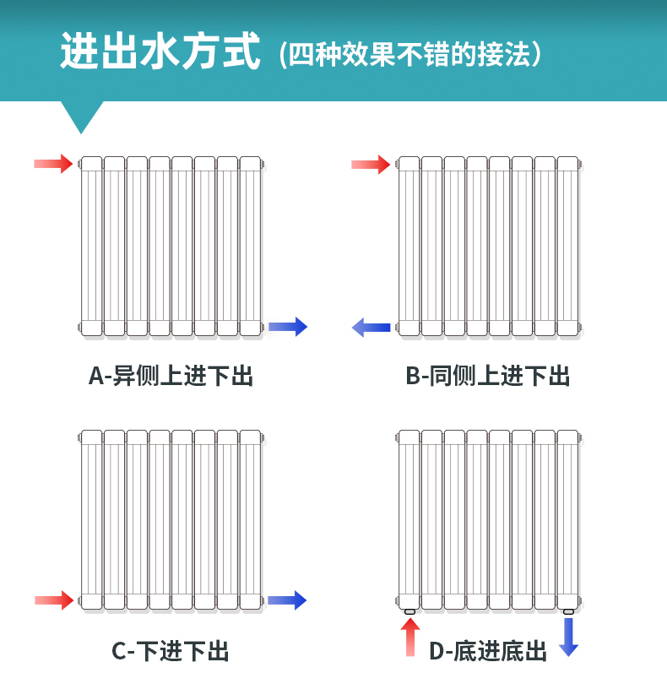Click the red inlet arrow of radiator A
53,163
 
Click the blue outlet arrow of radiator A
288,326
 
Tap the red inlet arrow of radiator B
371,164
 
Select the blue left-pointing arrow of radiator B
371,327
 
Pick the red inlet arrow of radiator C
54,600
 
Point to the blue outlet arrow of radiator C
287,600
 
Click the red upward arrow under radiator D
410,637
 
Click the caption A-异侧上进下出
171,376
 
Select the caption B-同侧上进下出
488,376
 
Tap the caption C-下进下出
171,651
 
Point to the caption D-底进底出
488,651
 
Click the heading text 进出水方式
160,52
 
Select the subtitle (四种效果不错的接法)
409,55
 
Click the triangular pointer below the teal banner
82,114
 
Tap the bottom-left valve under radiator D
410,610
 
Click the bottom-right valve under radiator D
568,610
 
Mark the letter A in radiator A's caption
96,376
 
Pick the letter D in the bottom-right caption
437,651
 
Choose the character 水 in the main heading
160,52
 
